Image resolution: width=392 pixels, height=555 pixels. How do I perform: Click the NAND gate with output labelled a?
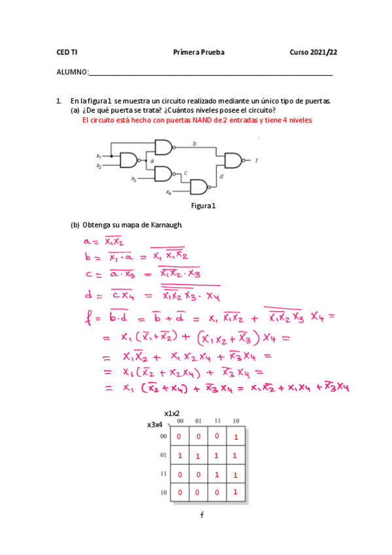pyautogui.click(x=130, y=160)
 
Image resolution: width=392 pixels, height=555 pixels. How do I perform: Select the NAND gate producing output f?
pyautogui.click(x=233, y=160)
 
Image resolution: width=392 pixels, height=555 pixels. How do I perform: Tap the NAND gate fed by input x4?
pyautogui.click(x=198, y=188)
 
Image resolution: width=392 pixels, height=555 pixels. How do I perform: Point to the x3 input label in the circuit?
pyautogui.click(x=134, y=177)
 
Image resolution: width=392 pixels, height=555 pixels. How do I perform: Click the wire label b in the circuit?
pyautogui.click(x=194, y=143)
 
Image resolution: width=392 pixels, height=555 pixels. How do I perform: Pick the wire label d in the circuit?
pyautogui.click(x=221, y=176)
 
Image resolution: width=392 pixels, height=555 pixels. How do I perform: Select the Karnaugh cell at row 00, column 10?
pyautogui.click(x=236, y=435)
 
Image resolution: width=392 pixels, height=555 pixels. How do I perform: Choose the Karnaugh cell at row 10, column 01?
pyautogui.click(x=197, y=492)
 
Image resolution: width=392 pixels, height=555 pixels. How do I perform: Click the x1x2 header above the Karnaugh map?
pyautogui.click(x=172, y=414)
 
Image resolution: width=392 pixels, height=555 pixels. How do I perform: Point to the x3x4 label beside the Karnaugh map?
pyautogui.click(x=156, y=425)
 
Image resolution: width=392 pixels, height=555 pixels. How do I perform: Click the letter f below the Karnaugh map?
pyautogui.click(x=202, y=515)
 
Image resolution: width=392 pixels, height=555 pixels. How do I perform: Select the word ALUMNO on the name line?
pyautogui.click(x=71, y=72)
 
